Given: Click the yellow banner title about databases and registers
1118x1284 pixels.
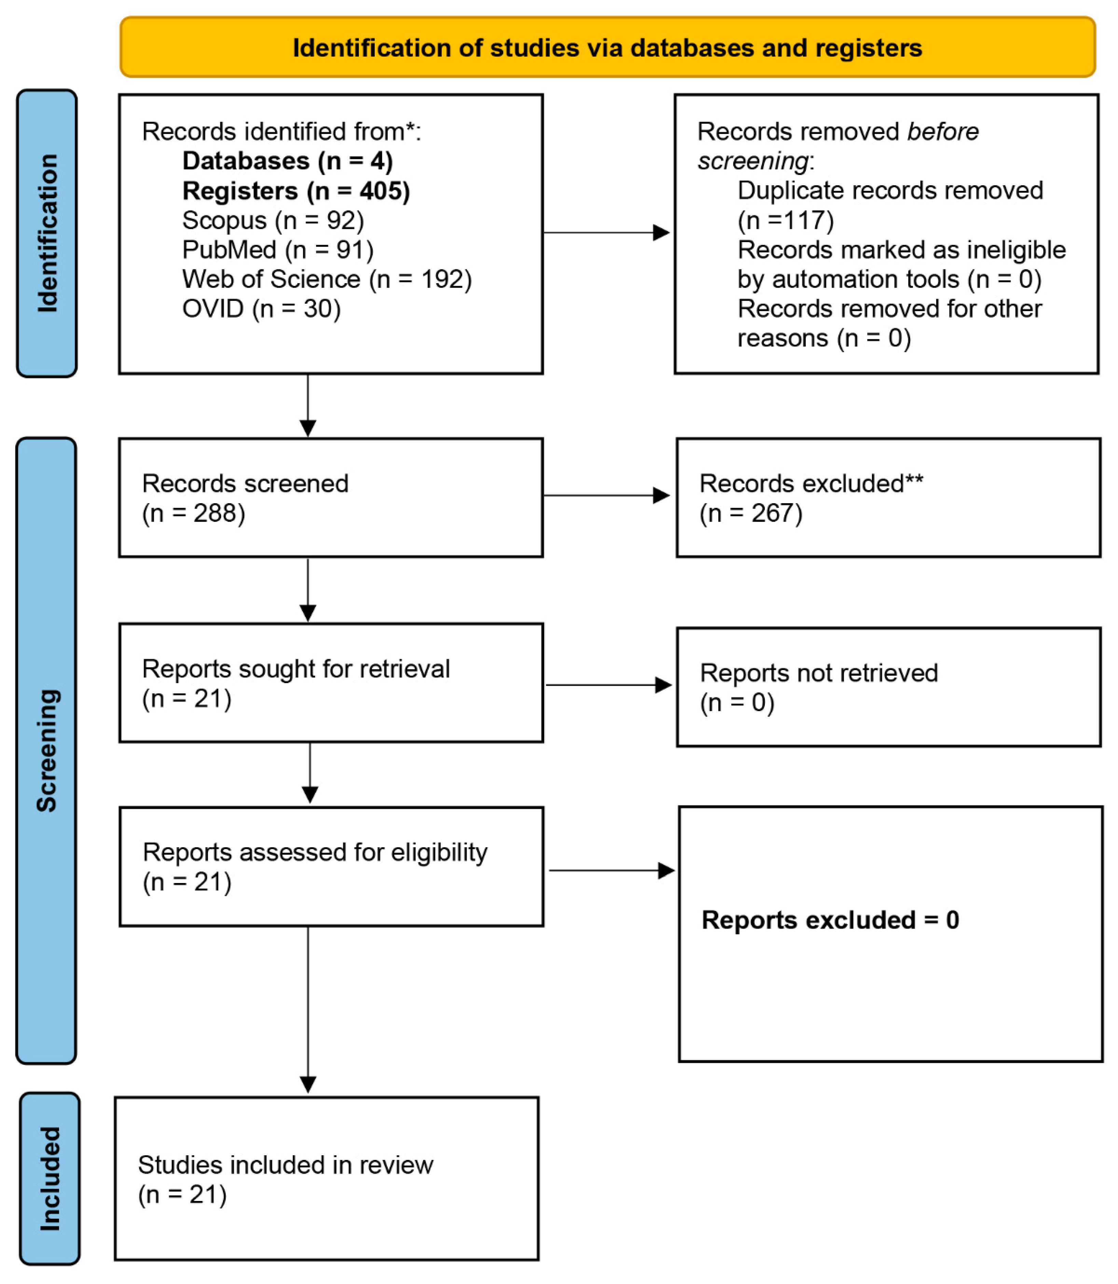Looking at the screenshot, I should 607,48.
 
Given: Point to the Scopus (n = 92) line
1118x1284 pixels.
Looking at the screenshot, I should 273,220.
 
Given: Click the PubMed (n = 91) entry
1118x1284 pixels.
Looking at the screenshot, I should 278,250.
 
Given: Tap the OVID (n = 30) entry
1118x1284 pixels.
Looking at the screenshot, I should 261,308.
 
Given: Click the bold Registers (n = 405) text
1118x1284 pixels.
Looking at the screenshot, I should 296,191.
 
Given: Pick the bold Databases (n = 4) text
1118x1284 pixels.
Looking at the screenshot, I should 287,161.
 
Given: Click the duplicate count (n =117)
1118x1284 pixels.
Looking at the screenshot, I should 786,220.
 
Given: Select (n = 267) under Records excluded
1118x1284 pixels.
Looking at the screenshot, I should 750,513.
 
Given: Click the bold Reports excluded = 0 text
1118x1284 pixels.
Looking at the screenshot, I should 830,920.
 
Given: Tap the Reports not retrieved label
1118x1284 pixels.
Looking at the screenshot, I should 818,673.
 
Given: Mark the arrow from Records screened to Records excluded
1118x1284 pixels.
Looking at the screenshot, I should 606,495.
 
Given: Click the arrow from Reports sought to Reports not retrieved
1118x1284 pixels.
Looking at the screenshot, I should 608,685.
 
